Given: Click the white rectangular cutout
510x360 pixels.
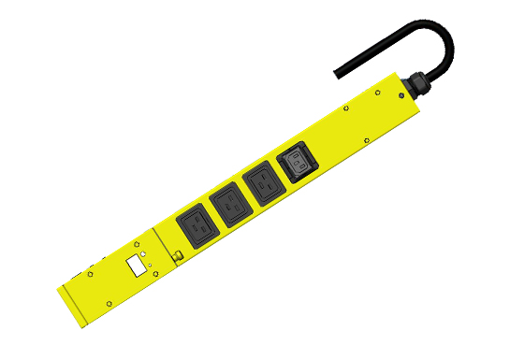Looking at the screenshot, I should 137,266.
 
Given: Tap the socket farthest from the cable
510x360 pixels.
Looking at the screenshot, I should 197,223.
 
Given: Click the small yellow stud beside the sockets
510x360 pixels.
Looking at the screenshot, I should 175,256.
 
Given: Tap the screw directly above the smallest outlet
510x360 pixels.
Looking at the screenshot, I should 280,137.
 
